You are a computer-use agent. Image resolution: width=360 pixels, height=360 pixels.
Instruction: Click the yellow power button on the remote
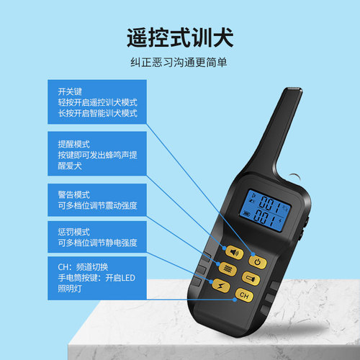(258, 262)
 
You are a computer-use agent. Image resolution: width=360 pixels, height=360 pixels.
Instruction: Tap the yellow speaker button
(235, 253)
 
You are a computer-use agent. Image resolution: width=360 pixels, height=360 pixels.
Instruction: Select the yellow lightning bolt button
(221, 286)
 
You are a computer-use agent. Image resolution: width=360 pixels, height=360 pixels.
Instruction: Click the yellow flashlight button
(251, 279)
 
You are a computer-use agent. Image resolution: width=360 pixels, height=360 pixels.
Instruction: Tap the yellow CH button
(244, 295)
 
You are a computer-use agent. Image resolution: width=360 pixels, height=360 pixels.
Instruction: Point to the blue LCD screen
(265, 211)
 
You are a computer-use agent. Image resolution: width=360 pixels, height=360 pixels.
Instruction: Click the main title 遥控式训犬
(180, 37)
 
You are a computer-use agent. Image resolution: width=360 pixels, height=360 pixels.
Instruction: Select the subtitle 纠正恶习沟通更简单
(179, 63)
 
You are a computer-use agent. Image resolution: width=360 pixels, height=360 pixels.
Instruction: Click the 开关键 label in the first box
(70, 91)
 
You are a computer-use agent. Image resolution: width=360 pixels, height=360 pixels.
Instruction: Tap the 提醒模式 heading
(73, 144)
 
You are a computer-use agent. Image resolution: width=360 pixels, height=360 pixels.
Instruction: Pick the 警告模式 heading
(73, 194)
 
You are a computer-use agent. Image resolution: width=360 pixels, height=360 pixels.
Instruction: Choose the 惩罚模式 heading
(73, 232)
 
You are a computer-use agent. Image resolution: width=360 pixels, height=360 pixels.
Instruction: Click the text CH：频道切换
(83, 267)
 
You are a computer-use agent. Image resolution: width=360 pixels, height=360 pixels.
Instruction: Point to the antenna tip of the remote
(294, 89)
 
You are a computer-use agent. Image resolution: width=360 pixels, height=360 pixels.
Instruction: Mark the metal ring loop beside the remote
(296, 176)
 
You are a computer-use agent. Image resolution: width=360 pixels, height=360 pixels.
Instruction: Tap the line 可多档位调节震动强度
(97, 206)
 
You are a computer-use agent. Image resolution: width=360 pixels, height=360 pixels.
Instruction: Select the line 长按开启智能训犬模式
(97, 113)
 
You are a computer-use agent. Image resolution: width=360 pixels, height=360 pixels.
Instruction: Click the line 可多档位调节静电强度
(97, 243)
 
